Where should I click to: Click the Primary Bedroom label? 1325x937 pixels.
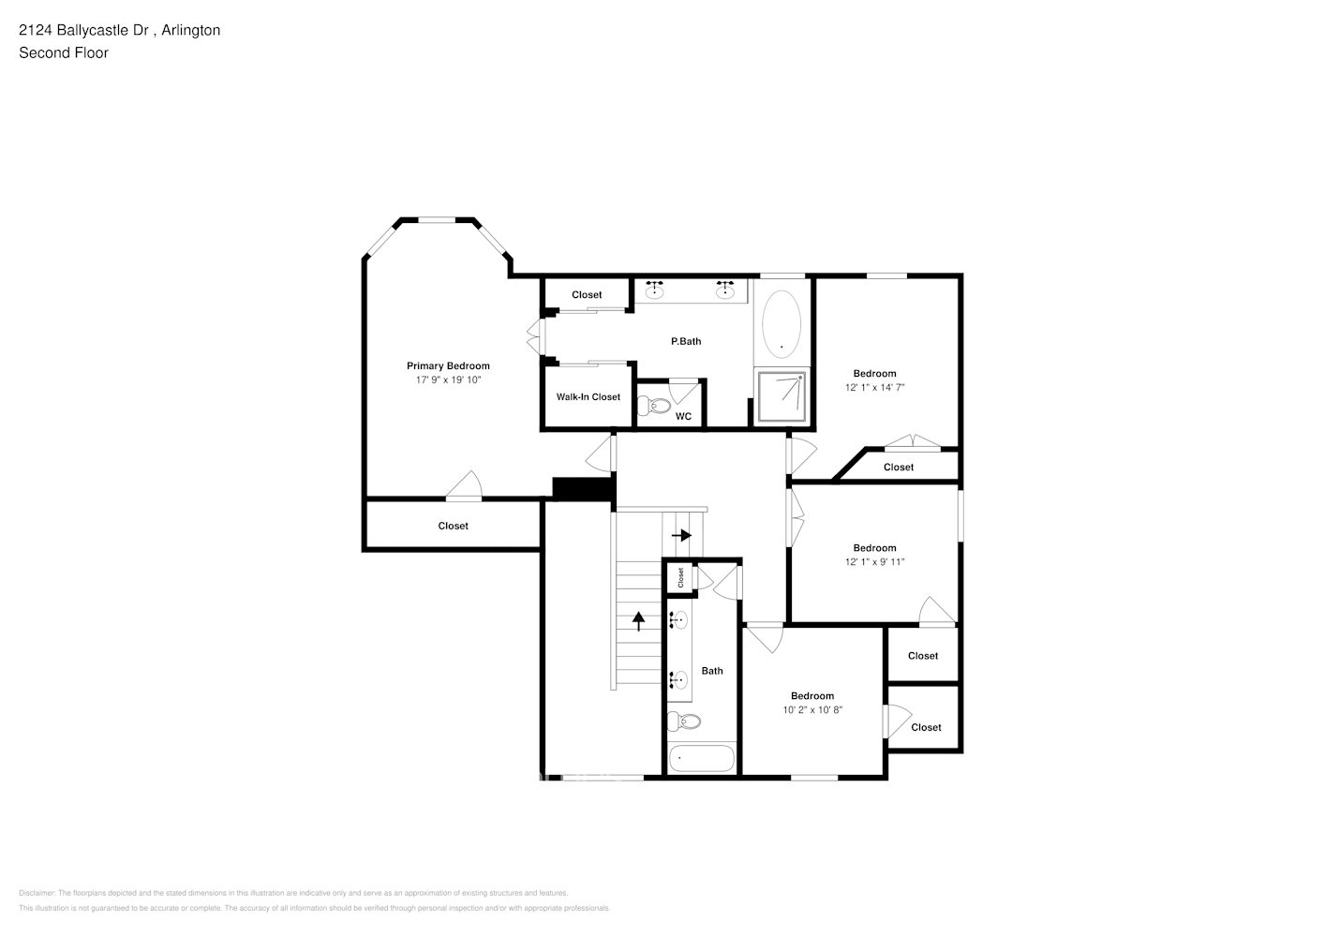pos(448,365)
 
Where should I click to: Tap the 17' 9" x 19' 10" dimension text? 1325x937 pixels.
pos(448,379)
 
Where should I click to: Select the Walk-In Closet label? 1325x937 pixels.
pos(588,396)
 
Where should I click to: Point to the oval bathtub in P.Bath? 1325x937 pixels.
pos(782,323)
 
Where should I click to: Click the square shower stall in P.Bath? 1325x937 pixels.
pos(782,396)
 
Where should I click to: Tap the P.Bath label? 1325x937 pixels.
pos(686,341)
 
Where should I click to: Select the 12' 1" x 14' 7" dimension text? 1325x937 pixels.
pos(874,387)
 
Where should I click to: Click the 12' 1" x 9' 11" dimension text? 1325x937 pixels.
pos(874,562)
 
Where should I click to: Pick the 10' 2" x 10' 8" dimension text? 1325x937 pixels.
pos(812,710)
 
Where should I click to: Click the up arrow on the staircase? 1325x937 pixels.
pos(639,620)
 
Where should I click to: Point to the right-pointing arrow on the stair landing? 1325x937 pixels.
pos(682,535)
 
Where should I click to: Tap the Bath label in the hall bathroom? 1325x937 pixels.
pos(712,671)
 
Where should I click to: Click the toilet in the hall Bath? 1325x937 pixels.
pos(684,721)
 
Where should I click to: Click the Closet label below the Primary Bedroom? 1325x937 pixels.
pos(453,526)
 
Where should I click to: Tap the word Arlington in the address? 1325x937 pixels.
pos(191,30)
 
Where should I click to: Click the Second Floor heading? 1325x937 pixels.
pos(64,52)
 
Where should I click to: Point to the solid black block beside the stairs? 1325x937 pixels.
pos(582,489)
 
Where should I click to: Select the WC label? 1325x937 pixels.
pos(683,416)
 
